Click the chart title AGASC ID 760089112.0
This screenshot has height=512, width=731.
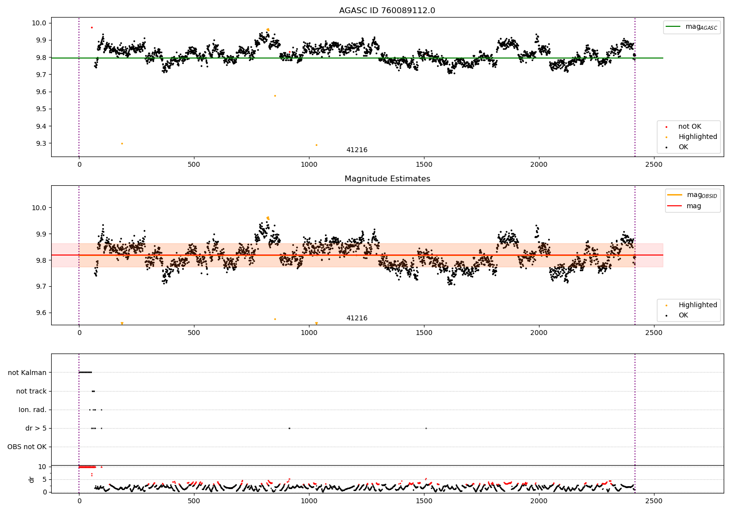(x=387, y=10)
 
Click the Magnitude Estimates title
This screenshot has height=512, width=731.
(x=387, y=178)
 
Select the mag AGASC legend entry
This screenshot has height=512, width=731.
(x=692, y=27)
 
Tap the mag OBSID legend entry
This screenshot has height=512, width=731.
(x=692, y=195)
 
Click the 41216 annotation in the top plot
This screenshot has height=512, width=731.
(x=357, y=150)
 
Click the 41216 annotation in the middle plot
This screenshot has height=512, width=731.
(x=357, y=318)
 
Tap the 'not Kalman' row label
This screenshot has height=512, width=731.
(x=27, y=373)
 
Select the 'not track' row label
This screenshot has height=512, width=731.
(x=31, y=391)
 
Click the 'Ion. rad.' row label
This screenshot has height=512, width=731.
(x=32, y=410)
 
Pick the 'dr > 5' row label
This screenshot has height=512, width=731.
(x=36, y=429)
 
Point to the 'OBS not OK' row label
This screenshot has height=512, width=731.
(x=27, y=447)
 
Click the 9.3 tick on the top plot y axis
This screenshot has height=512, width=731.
(x=41, y=143)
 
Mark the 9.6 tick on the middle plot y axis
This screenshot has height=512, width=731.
(x=41, y=313)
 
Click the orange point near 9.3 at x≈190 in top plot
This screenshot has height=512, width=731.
(x=122, y=144)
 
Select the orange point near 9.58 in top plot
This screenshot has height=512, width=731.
(x=275, y=96)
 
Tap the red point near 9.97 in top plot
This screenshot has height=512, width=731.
(x=92, y=28)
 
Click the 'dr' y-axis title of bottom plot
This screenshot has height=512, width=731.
(x=31, y=480)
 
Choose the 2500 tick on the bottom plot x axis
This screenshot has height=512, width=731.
(x=654, y=501)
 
